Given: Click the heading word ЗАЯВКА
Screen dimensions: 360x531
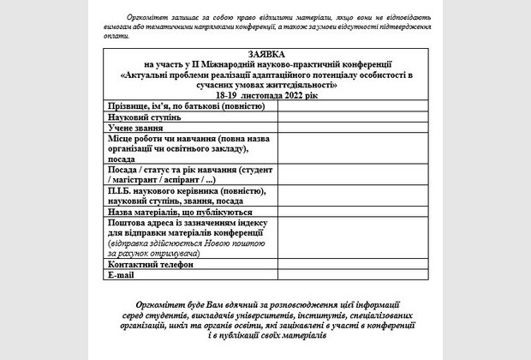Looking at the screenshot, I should [265, 54].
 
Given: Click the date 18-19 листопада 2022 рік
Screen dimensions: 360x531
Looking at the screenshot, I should [265, 95].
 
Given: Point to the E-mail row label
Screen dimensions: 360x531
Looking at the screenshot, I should [122, 274].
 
